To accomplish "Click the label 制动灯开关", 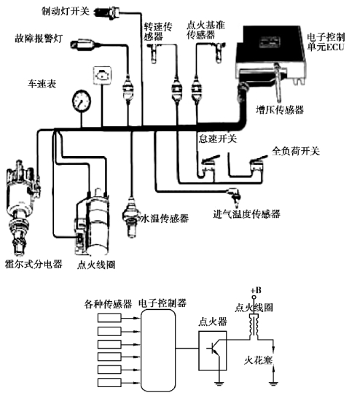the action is click(x=66, y=11).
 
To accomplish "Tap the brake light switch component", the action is click(x=107, y=12).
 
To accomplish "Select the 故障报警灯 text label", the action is click(x=39, y=39).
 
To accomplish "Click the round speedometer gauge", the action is click(x=82, y=101).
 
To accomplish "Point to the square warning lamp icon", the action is click(x=102, y=75).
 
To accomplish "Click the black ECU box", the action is click(x=271, y=55).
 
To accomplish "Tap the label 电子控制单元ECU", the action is click(x=326, y=42).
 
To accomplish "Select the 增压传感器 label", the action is click(x=280, y=109).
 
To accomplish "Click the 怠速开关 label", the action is click(x=218, y=139).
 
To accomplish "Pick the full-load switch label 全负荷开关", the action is click(x=296, y=151).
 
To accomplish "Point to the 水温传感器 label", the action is click(x=165, y=219).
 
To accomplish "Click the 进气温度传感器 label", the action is click(x=247, y=214).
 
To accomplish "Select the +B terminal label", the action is click(x=256, y=290).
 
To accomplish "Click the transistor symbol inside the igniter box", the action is click(x=214, y=349).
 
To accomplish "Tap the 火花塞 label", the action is click(x=258, y=360).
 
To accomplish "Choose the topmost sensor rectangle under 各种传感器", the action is click(x=109, y=318).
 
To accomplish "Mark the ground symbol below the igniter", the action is click(x=219, y=383).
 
